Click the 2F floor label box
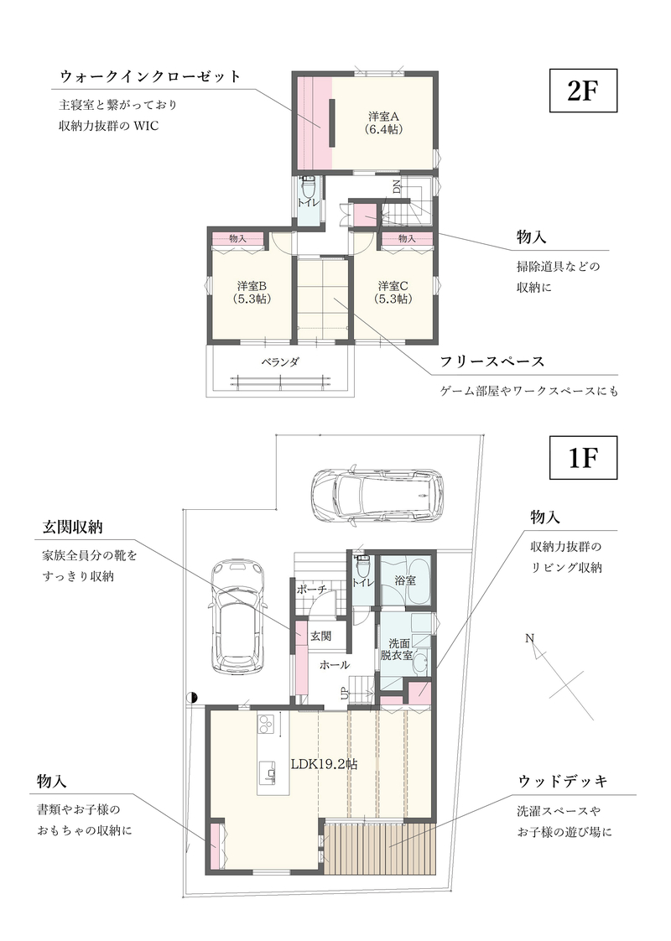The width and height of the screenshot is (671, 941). coord(584,91)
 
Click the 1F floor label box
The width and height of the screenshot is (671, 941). coord(584,458)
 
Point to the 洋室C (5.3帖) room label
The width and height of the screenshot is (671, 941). coord(393,292)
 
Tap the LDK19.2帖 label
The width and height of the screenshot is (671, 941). coord(324,764)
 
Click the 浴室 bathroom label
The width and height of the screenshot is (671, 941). coord(406,580)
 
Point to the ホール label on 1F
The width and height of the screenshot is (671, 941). coord(335,665)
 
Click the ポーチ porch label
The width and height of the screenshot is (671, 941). coord(311,590)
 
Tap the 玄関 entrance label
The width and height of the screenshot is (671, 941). coord(321,636)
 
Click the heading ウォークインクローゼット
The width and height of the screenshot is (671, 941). coord(151,76)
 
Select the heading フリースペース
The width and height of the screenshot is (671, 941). coord(492,361)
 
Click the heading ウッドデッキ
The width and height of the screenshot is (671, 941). coord(563,781)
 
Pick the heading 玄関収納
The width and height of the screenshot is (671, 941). coord(72,527)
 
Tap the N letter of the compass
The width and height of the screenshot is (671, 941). coord(529,638)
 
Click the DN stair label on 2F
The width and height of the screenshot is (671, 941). coord(397,187)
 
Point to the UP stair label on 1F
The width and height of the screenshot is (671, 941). coord(345,694)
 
